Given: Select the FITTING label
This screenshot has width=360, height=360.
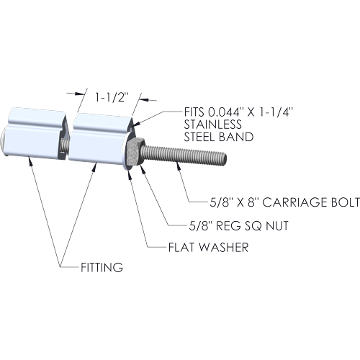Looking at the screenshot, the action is click(102, 267).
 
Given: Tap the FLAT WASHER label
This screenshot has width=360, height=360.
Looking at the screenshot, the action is click(208, 248).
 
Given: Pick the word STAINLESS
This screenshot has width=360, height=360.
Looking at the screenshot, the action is click(213, 125).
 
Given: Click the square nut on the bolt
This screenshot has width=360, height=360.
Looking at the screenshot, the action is click(135, 152).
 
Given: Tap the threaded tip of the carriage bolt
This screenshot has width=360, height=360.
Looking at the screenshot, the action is click(223, 158).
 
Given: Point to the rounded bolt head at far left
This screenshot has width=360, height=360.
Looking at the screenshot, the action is click(4, 143).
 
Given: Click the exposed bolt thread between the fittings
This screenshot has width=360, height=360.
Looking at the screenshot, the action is click(63, 147).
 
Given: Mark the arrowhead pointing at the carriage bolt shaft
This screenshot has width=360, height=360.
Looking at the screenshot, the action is click(179, 166).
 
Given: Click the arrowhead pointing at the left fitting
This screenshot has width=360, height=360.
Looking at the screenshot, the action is click(30, 161).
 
